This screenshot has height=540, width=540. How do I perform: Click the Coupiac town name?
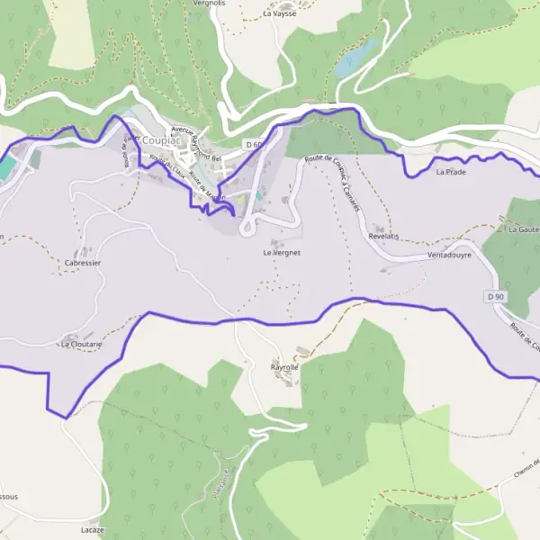pos(162,139)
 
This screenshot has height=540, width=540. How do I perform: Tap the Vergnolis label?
pos(209,4)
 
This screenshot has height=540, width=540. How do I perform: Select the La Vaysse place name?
pos(279,13)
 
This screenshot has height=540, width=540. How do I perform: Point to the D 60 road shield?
pos(255,144)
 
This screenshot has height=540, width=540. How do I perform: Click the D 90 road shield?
pos(492,296)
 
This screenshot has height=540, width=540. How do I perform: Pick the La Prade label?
pos(450,170)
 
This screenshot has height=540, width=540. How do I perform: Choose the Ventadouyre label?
pos(449,255)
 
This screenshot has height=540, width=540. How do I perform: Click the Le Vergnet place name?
pos(281,253)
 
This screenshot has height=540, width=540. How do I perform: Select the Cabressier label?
pos(82,263)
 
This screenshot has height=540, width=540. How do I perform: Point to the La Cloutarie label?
pos(81,344)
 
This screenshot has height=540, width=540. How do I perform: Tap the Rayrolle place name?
pos(284,367)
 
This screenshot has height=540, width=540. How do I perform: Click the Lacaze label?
pos(92,529)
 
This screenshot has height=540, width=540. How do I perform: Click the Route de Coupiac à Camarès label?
pos(333,180)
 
